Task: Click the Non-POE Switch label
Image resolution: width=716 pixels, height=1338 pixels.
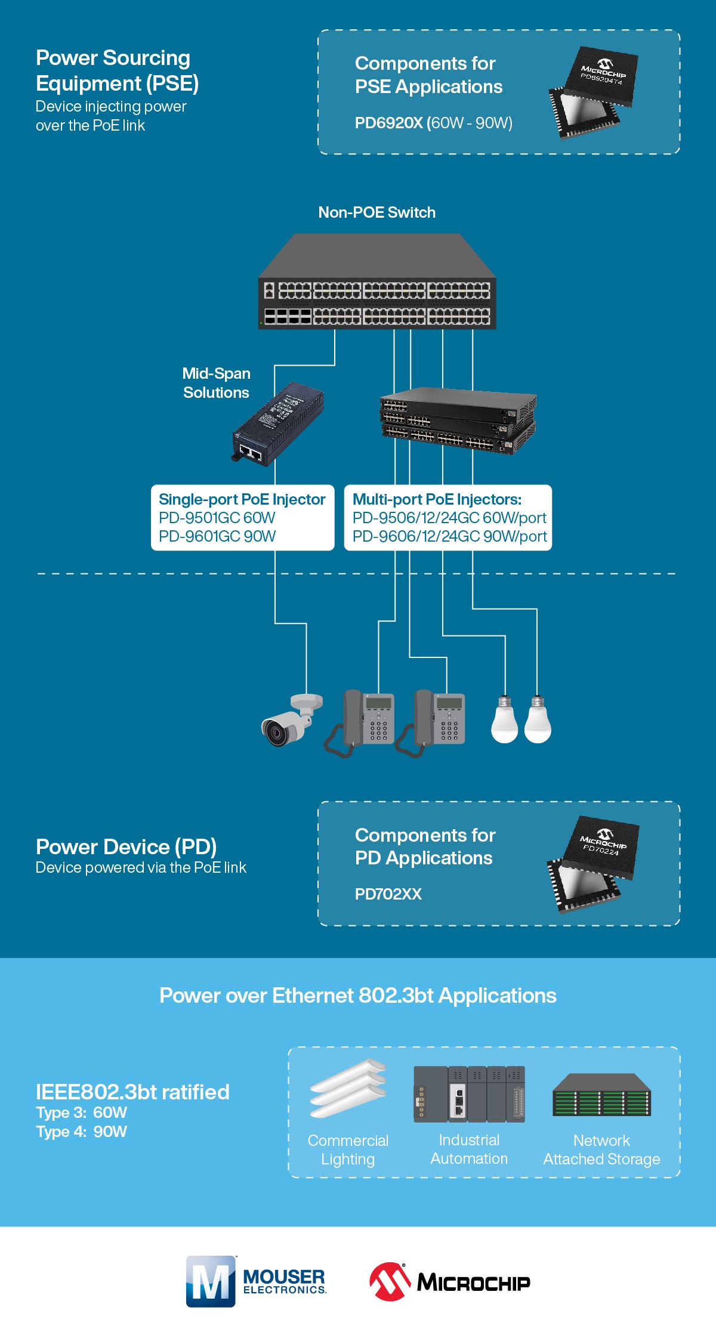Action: [x=376, y=212]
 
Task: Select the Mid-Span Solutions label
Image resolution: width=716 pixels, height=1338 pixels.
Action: [x=216, y=383]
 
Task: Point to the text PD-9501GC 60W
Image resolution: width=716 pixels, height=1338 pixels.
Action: [x=217, y=518]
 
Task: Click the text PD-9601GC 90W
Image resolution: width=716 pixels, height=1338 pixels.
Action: [x=217, y=536]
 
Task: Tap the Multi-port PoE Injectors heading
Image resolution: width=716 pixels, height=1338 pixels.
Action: [x=437, y=499]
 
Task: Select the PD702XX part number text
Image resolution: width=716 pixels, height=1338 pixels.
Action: [x=388, y=894]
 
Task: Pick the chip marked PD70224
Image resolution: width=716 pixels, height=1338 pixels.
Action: [x=593, y=864]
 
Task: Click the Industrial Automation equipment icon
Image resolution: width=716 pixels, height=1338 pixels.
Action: [x=469, y=1094]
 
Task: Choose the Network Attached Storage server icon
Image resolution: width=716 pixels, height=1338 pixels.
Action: [x=601, y=1095]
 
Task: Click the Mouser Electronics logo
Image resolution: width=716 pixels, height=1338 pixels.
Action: [x=257, y=1281]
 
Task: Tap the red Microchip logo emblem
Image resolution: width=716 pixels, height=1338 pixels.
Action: [x=390, y=1281]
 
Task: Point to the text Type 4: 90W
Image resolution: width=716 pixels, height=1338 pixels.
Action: [x=81, y=1132]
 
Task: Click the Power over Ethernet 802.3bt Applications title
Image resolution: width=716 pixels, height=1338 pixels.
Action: [x=357, y=996]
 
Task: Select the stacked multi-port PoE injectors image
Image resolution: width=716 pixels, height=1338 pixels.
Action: [x=458, y=421]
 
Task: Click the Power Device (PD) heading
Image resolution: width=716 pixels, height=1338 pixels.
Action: [x=126, y=846]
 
